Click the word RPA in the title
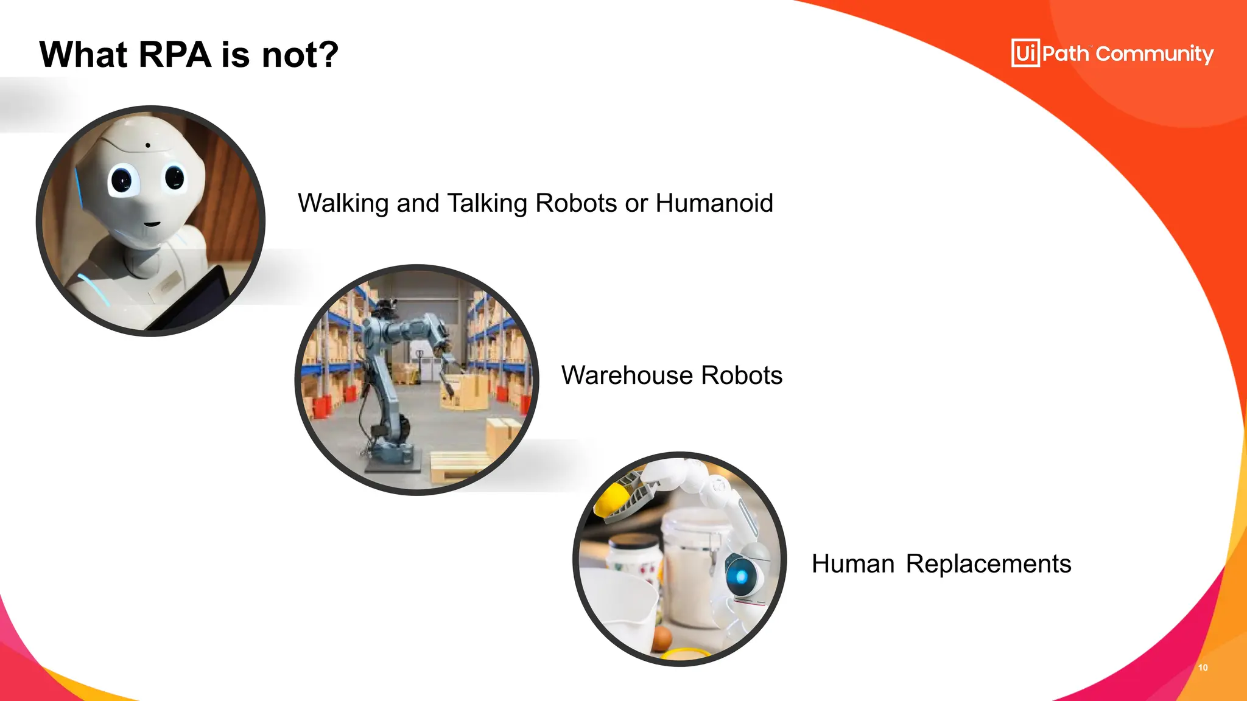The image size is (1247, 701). [x=175, y=55]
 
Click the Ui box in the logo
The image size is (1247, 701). [x=1025, y=53]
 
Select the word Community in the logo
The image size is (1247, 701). [x=1154, y=54]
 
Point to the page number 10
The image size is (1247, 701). [x=1203, y=668]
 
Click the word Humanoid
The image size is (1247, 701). [x=714, y=203]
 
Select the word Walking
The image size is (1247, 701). [x=343, y=203]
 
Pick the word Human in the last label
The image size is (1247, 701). [x=852, y=564]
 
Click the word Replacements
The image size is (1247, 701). [x=988, y=564]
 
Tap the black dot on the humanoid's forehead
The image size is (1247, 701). [x=147, y=145]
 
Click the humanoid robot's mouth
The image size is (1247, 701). [x=151, y=223]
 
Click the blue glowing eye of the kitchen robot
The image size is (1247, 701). [x=741, y=575]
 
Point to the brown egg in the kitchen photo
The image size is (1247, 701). [x=661, y=639]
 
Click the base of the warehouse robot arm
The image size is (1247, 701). [x=393, y=459]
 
